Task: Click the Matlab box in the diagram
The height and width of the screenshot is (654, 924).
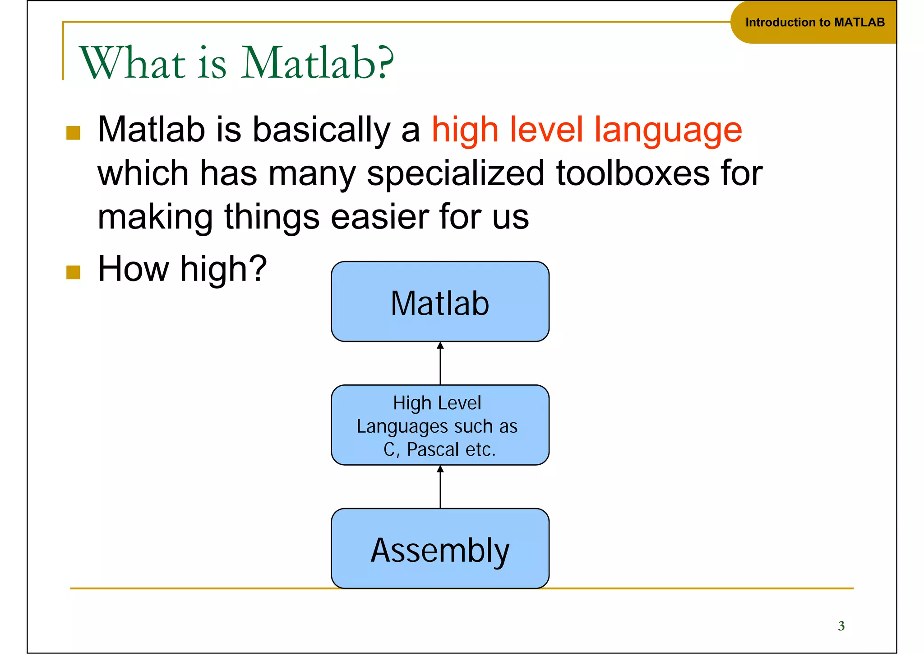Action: click(x=440, y=302)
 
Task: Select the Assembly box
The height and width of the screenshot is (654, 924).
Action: click(x=440, y=549)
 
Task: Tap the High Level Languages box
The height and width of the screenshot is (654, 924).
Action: click(x=440, y=425)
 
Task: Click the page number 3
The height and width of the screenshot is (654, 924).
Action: click(x=841, y=626)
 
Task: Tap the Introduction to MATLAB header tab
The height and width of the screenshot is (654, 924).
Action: click(x=814, y=22)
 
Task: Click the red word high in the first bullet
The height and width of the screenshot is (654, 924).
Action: click(x=465, y=130)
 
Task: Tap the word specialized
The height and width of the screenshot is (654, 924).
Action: click(x=456, y=173)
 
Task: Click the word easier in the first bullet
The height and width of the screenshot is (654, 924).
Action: click(x=381, y=217)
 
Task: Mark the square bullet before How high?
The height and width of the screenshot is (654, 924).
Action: click(x=73, y=272)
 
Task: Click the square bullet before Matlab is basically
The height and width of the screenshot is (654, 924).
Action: click(x=73, y=133)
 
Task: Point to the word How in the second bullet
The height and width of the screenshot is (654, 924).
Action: click(x=134, y=269)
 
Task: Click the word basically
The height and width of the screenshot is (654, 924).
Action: click(x=321, y=130)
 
